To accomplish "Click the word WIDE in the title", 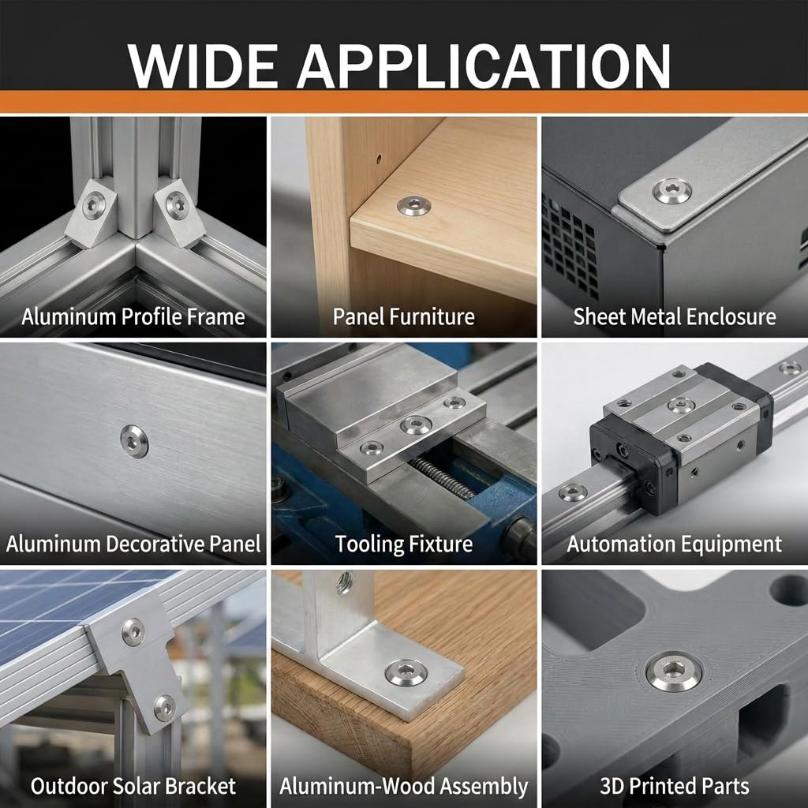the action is click(x=203, y=66).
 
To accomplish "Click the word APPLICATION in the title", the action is click(x=484, y=66).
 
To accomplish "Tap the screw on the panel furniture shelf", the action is click(x=413, y=206).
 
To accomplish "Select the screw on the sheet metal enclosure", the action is click(x=672, y=191).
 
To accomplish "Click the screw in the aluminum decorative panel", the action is click(x=134, y=441).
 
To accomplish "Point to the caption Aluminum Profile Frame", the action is click(x=133, y=316).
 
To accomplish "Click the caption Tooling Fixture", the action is click(x=404, y=544).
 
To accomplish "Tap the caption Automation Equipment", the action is click(x=674, y=544).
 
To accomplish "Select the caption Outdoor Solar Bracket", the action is click(x=133, y=786).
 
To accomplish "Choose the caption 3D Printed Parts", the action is click(x=675, y=786).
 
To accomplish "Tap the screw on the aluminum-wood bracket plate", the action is click(x=406, y=672).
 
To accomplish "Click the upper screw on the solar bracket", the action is click(x=133, y=632).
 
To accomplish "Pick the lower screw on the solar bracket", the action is click(x=164, y=708).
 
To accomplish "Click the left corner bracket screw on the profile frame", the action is click(x=94, y=205).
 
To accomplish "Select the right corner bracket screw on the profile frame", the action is click(x=177, y=205).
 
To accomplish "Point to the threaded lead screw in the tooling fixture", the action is click(x=443, y=477).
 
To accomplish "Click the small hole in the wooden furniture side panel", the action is click(x=379, y=159).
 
